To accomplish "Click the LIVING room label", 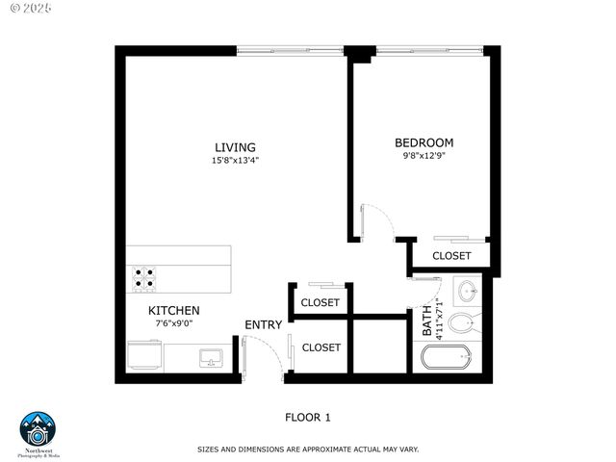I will coord(235,147).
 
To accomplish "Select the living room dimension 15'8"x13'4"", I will coord(235,161).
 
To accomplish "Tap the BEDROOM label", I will coord(423,142).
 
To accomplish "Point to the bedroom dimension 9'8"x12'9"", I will coord(423,155).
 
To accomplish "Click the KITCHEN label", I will coord(173,311).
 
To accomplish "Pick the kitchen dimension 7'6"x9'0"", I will coord(173,323).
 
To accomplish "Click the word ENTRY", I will coord(263,325).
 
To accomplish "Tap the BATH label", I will coord(427,324).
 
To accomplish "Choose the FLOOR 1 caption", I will coord(307,417).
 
